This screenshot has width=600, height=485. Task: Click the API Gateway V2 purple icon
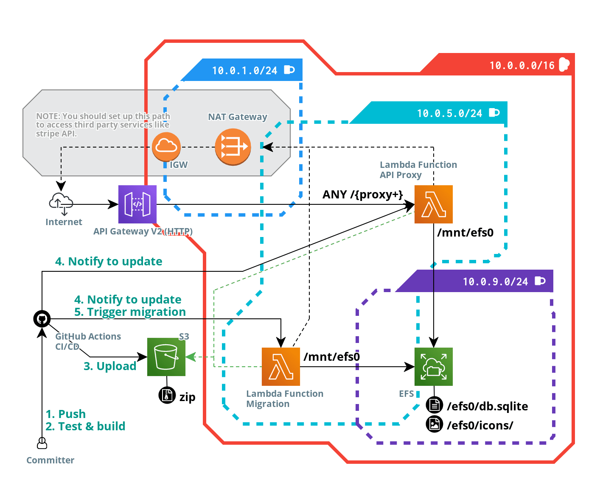coord(137,204)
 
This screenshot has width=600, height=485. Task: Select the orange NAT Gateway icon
coord(233,147)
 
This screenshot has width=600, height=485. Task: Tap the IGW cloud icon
coord(166,146)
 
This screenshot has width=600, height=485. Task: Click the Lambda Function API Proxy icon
coord(433,204)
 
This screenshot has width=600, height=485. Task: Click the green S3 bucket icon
coord(166,357)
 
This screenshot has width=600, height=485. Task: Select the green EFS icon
coord(433,367)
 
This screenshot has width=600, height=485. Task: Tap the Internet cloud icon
coord(61,203)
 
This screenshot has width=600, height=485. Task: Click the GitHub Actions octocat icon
coord(42,318)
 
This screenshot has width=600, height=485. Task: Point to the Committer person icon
coord(42,443)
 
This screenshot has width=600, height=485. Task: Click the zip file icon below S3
coord(167,395)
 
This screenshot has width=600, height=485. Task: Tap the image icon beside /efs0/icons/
coord(434,424)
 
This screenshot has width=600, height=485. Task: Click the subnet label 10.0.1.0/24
coord(244,70)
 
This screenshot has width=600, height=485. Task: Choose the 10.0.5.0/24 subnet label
coord(449,113)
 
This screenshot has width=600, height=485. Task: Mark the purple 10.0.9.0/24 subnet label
coord(495,282)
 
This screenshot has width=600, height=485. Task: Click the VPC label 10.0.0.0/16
coord(522,65)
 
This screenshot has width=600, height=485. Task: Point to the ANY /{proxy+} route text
coord(362,195)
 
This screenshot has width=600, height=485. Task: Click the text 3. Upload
coord(110,366)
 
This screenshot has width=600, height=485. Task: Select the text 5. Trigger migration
coord(130,312)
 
